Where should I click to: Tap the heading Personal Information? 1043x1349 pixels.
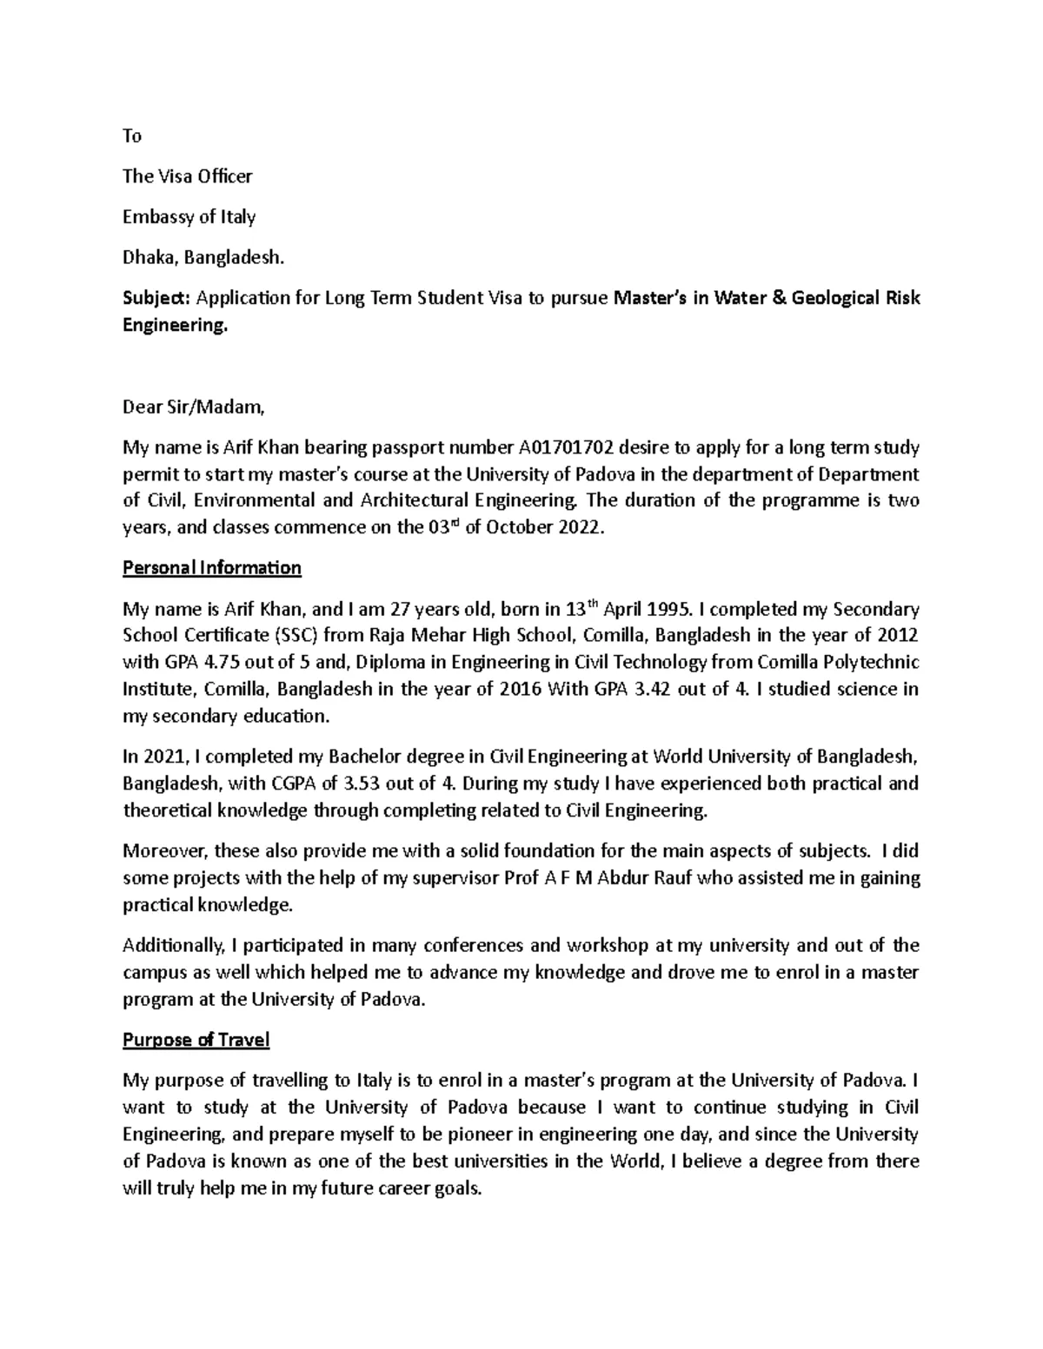click(212, 568)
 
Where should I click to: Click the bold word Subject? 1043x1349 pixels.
click(157, 299)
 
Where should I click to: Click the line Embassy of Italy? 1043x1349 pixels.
click(189, 217)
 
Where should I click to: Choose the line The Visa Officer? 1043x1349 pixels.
click(188, 176)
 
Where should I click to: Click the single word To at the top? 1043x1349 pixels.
click(132, 136)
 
